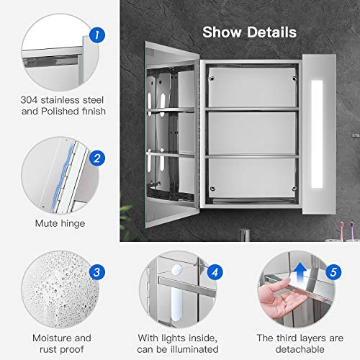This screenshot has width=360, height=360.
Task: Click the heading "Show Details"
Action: pos(248,32)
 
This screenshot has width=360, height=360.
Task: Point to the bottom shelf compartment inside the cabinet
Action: pos(251,183)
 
